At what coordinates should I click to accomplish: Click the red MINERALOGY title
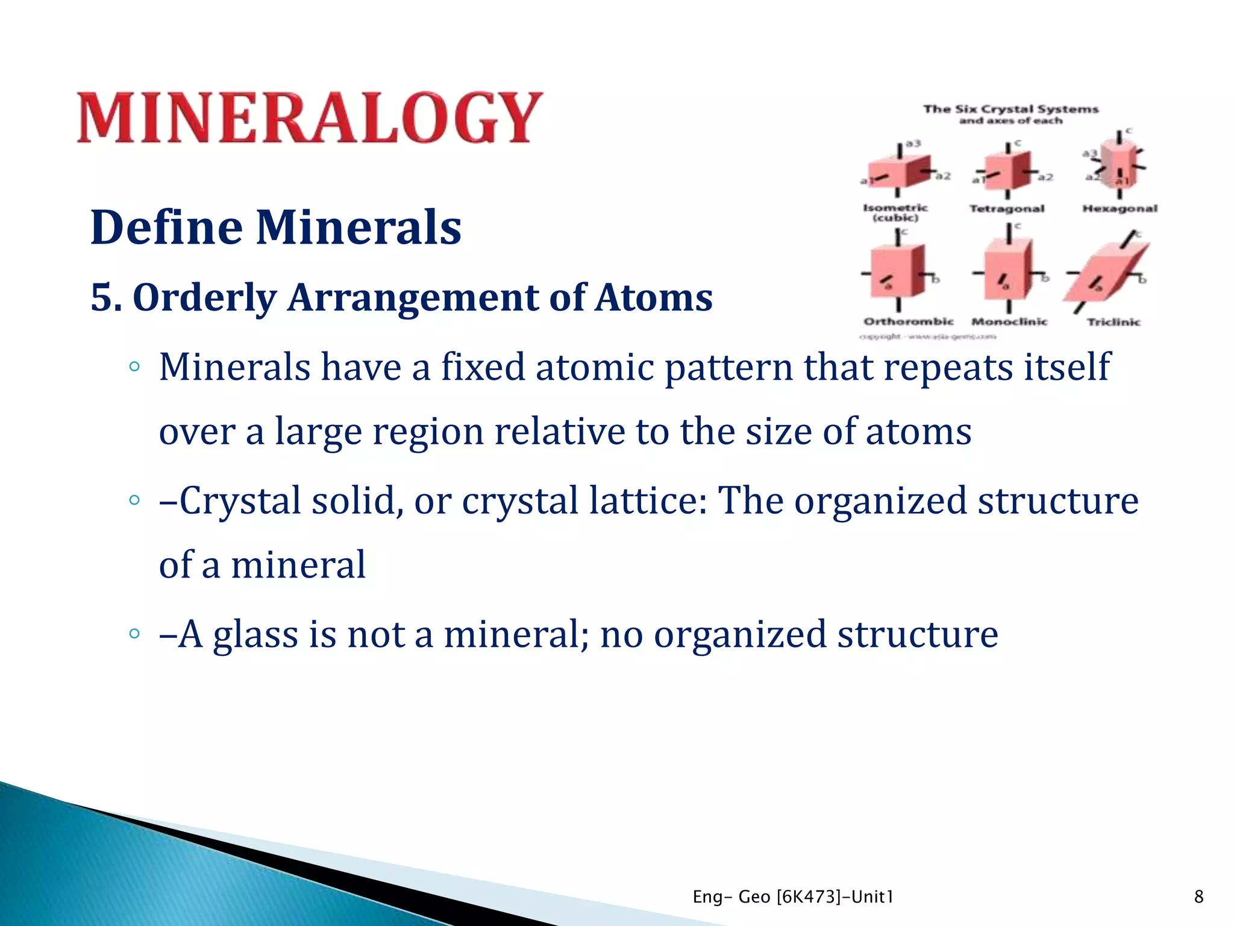310,118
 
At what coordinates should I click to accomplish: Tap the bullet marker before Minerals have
134,367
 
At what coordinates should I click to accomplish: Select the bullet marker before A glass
134,634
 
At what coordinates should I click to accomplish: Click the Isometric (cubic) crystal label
895,212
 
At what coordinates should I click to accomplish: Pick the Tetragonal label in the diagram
1006,209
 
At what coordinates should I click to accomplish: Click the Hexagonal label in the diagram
1120,209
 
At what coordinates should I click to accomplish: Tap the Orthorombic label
908,321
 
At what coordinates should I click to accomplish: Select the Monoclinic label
1009,321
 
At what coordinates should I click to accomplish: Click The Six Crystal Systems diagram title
1010,109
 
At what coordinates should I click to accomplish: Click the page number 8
1198,896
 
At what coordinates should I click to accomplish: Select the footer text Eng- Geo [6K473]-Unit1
793,896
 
